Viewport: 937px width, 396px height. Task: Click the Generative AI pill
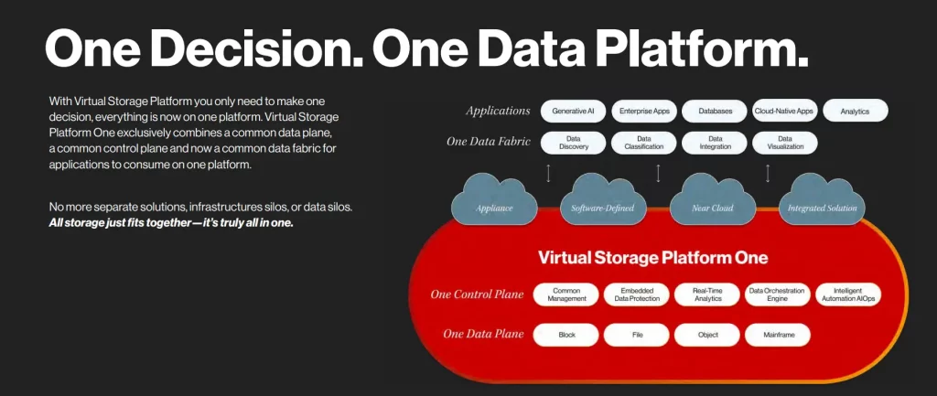coord(574,112)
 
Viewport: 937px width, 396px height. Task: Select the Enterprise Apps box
coord(644,112)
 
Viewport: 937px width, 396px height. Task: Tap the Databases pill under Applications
coord(715,112)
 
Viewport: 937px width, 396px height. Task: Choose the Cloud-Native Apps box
coord(784,112)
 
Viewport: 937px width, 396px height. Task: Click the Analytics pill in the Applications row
coord(855,112)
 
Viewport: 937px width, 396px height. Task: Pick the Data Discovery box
coord(574,143)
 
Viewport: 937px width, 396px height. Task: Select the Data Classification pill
coord(644,143)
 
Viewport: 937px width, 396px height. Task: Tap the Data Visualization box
coord(784,143)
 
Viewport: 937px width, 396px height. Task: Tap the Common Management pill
coord(566,294)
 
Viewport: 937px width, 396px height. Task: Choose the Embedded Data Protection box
coord(637,294)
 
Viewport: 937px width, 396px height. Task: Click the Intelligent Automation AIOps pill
coord(848,294)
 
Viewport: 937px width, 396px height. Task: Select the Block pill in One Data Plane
coord(566,335)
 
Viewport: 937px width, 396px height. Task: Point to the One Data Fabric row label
coord(488,142)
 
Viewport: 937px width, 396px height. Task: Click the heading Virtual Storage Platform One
coord(652,257)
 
